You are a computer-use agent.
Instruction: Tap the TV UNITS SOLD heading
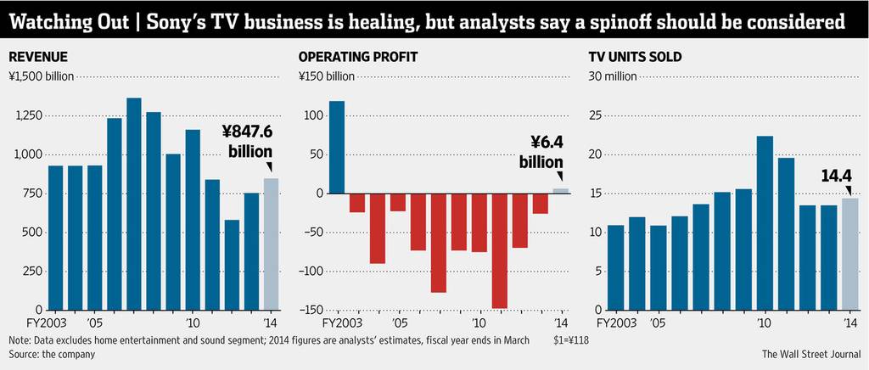click(635, 57)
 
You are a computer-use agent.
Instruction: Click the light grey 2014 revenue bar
click(271, 244)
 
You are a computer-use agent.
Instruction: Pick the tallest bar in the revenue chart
click(134, 205)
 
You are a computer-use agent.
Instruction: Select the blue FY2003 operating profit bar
click(337, 148)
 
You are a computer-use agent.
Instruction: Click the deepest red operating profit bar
click(499, 251)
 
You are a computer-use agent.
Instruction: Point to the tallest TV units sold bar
click(765, 223)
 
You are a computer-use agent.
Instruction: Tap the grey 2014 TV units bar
click(849, 255)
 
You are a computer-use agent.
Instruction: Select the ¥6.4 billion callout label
click(541, 152)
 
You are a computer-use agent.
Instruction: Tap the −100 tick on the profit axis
click(310, 272)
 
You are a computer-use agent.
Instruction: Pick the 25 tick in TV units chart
click(595, 116)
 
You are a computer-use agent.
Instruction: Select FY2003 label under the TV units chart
click(616, 322)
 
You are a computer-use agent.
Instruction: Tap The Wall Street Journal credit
click(811, 353)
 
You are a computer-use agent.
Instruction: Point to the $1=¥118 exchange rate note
click(570, 340)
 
